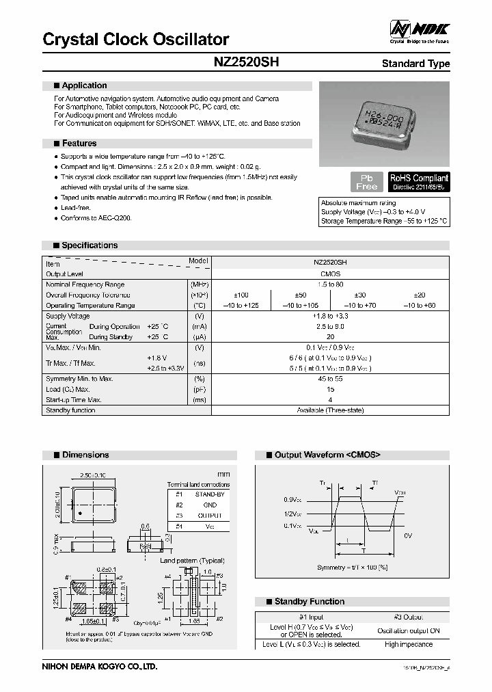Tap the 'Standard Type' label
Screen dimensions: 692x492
[x=415, y=64]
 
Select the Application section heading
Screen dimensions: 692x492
[x=84, y=85]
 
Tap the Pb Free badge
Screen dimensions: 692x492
[x=367, y=182]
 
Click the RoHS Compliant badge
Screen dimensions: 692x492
[x=419, y=181]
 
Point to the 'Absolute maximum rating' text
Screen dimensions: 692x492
[x=359, y=203]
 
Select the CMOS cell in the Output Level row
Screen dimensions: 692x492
[x=330, y=273]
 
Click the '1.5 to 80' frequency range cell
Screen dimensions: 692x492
[x=330, y=284]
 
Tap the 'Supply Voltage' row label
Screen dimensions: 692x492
[x=68, y=317]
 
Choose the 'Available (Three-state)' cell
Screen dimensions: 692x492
[x=330, y=410]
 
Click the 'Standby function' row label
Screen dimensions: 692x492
[x=70, y=410]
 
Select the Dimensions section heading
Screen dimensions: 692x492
[x=85, y=455]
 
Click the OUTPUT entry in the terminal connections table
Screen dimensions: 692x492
[x=208, y=515]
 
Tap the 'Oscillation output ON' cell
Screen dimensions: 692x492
[x=409, y=630]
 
